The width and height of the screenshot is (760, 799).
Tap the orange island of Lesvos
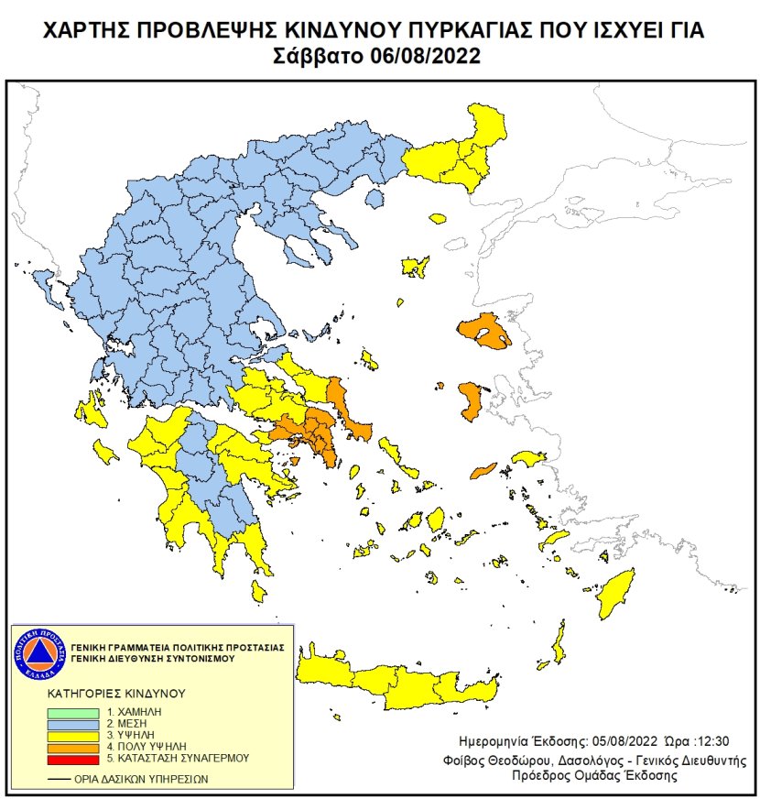[483, 332]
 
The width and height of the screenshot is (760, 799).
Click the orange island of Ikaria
[483, 470]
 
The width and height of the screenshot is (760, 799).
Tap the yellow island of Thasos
[438, 219]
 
